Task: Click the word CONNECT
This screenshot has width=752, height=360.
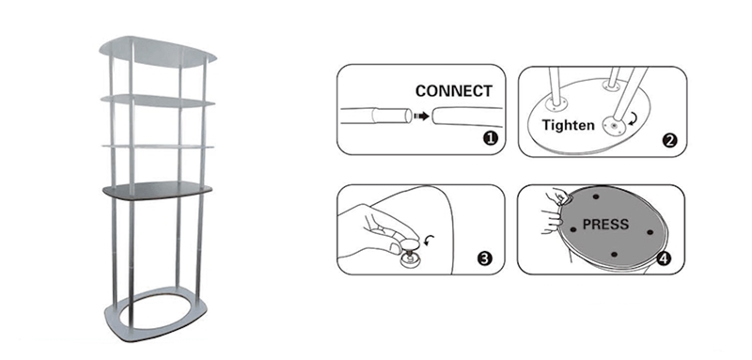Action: click(454, 90)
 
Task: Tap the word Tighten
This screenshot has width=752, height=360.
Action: click(569, 126)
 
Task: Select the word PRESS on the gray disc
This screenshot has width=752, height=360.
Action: click(605, 224)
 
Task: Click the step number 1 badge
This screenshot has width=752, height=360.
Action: click(490, 139)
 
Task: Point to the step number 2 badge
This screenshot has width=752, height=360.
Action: click(669, 140)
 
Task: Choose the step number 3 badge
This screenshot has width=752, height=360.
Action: click(485, 258)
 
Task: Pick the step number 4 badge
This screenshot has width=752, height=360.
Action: click(664, 258)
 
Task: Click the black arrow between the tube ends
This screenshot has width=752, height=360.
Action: click(421, 116)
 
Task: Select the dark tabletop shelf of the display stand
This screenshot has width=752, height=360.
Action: click(157, 190)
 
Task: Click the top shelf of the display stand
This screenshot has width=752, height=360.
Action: click(158, 51)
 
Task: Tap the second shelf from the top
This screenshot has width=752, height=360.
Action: click(158, 101)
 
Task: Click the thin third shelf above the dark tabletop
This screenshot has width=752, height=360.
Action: click(158, 146)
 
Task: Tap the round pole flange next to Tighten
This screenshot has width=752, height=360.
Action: click(615, 126)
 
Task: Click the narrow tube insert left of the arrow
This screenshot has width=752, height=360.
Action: click(393, 116)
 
